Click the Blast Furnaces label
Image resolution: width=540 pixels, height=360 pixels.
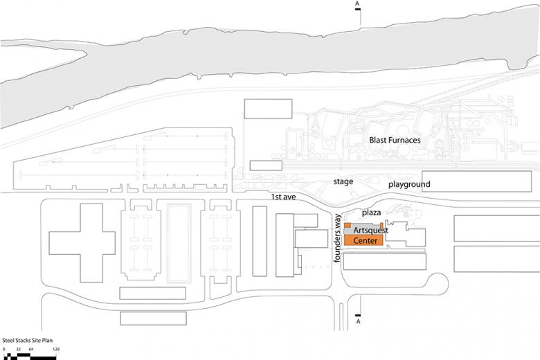pos(395,141)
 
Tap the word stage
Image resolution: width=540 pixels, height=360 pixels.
pos(343,181)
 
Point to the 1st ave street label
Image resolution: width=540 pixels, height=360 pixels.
pos(284,199)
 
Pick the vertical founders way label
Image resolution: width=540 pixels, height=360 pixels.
pos(339,237)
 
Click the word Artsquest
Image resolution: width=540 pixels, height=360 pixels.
pos(370,230)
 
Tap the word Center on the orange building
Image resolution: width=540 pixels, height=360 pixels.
pos(365,241)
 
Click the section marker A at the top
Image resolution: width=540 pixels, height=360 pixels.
pos(358,4)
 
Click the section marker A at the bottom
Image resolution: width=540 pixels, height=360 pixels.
pos(358,322)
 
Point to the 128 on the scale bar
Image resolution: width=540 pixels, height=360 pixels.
pos(56,350)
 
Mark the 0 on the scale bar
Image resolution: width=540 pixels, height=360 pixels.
pos(3,350)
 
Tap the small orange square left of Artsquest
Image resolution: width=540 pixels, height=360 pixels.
pos(348,226)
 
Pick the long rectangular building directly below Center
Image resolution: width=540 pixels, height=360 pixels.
pos(385,261)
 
